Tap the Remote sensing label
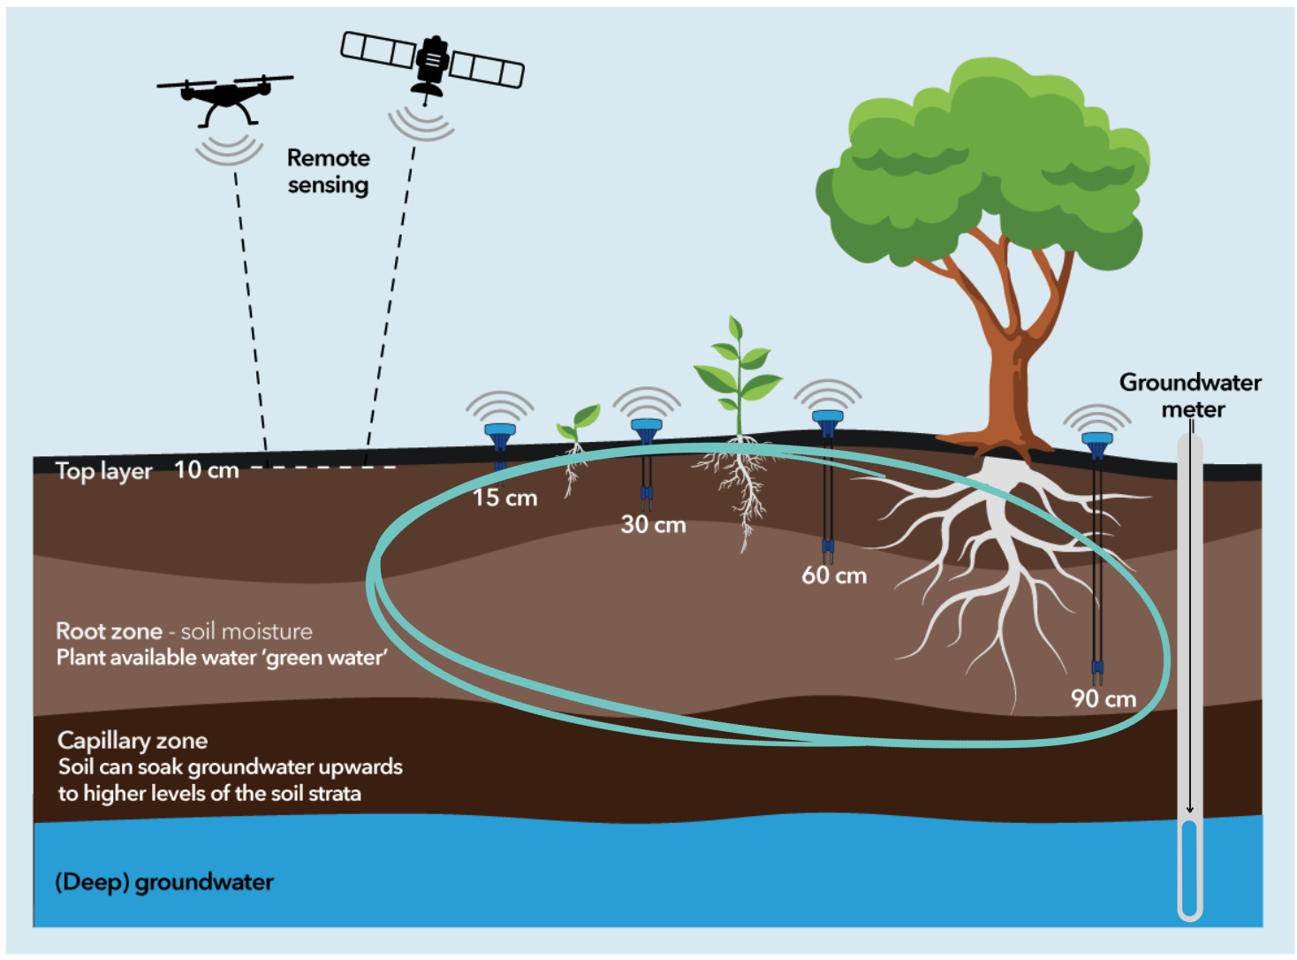click(x=328, y=171)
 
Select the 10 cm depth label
click(x=207, y=469)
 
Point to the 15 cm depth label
click(x=504, y=498)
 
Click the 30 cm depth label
click(x=653, y=524)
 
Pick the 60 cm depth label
click(x=834, y=575)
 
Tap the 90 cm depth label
click(x=1104, y=698)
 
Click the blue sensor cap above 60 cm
click(x=828, y=417)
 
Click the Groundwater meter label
click(x=1190, y=395)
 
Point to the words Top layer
click(x=103, y=471)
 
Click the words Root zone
click(x=109, y=631)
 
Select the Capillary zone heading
click(x=133, y=740)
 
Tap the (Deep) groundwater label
click(x=164, y=881)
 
